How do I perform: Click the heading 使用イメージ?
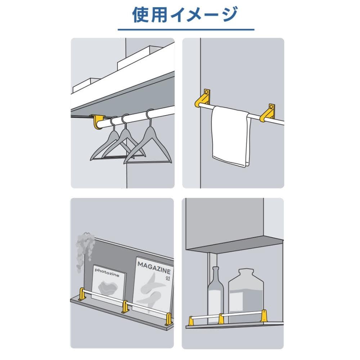click(x=185, y=14)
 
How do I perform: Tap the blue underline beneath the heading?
click(x=186, y=30)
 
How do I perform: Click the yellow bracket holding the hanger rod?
click(x=97, y=122)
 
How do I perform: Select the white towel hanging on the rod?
click(x=230, y=136)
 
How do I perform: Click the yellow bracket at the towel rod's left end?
click(x=203, y=99)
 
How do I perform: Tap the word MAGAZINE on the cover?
click(x=154, y=268)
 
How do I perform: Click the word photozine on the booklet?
click(x=107, y=273)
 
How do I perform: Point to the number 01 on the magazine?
click(x=168, y=278)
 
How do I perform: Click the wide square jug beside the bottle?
click(x=246, y=295)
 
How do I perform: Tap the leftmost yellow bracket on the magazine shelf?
click(x=82, y=294)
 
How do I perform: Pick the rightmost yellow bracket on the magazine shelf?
click(x=169, y=319)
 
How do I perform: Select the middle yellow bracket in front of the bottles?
click(x=221, y=319)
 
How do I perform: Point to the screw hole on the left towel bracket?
click(x=206, y=92)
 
